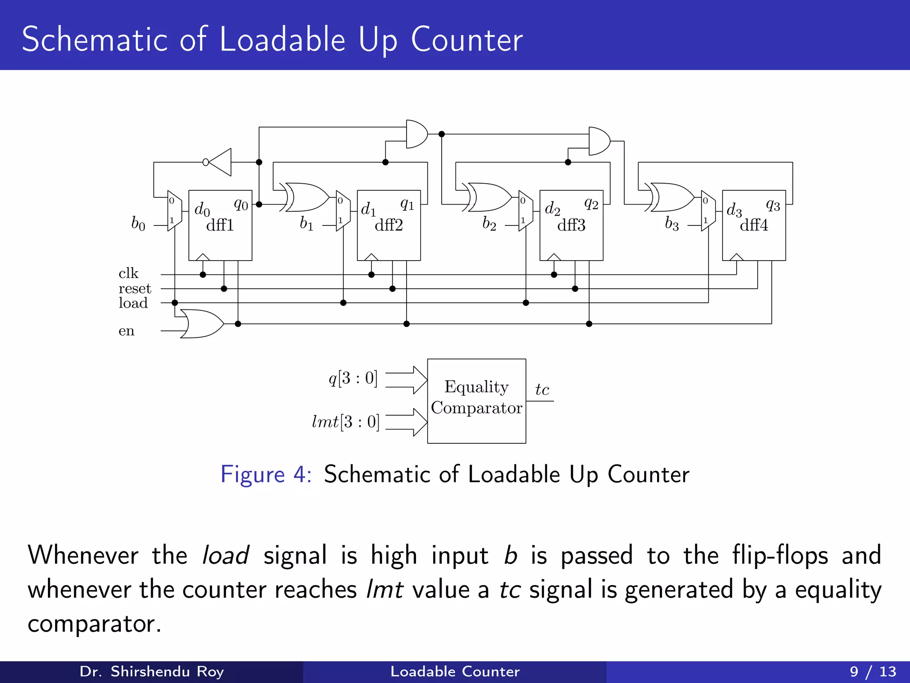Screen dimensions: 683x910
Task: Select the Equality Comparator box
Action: pos(476,401)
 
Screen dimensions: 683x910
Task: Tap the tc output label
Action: pos(542,390)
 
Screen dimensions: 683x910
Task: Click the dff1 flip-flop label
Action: pos(220,225)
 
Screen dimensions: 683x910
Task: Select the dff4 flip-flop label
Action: pos(754,225)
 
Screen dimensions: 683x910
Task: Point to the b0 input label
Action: pos(138,223)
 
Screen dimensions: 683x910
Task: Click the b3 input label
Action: pos(672,224)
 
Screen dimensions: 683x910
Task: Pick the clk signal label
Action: pos(128,273)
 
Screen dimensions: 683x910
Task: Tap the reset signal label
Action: pos(135,289)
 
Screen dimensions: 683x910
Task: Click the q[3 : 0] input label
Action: pos(353,378)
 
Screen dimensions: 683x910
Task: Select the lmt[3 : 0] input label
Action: pos(346,422)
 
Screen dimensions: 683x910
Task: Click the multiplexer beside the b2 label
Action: pos(526,210)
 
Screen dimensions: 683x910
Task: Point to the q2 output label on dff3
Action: pos(591,204)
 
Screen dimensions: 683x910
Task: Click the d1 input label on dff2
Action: pos(368,209)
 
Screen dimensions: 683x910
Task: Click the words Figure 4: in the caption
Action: pos(266,474)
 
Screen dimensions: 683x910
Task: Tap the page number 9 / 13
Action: pos(873,671)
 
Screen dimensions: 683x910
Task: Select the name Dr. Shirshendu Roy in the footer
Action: pos(152,671)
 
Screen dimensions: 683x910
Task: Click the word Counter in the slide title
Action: pos(467,40)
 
